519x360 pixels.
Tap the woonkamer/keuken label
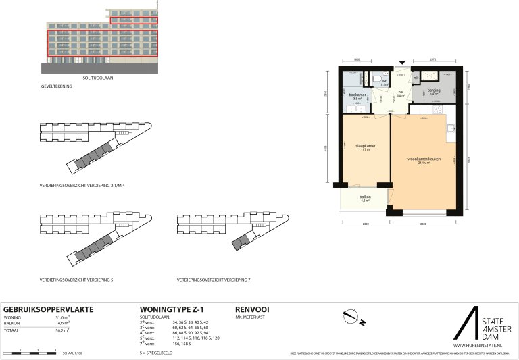(x=424, y=160)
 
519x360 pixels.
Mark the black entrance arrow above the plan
(x=403, y=61)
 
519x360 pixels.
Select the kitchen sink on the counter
(x=451, y=128)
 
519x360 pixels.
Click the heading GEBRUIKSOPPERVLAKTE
(x=48, y=309)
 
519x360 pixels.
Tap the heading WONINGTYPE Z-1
(x=168, y=309)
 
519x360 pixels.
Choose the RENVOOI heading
(x=251, y=309)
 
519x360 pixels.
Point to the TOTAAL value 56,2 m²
(x=62, y=331)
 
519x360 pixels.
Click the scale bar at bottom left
(x=28, y=352)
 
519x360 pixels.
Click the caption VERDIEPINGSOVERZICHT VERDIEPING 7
(x=213, y=279)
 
